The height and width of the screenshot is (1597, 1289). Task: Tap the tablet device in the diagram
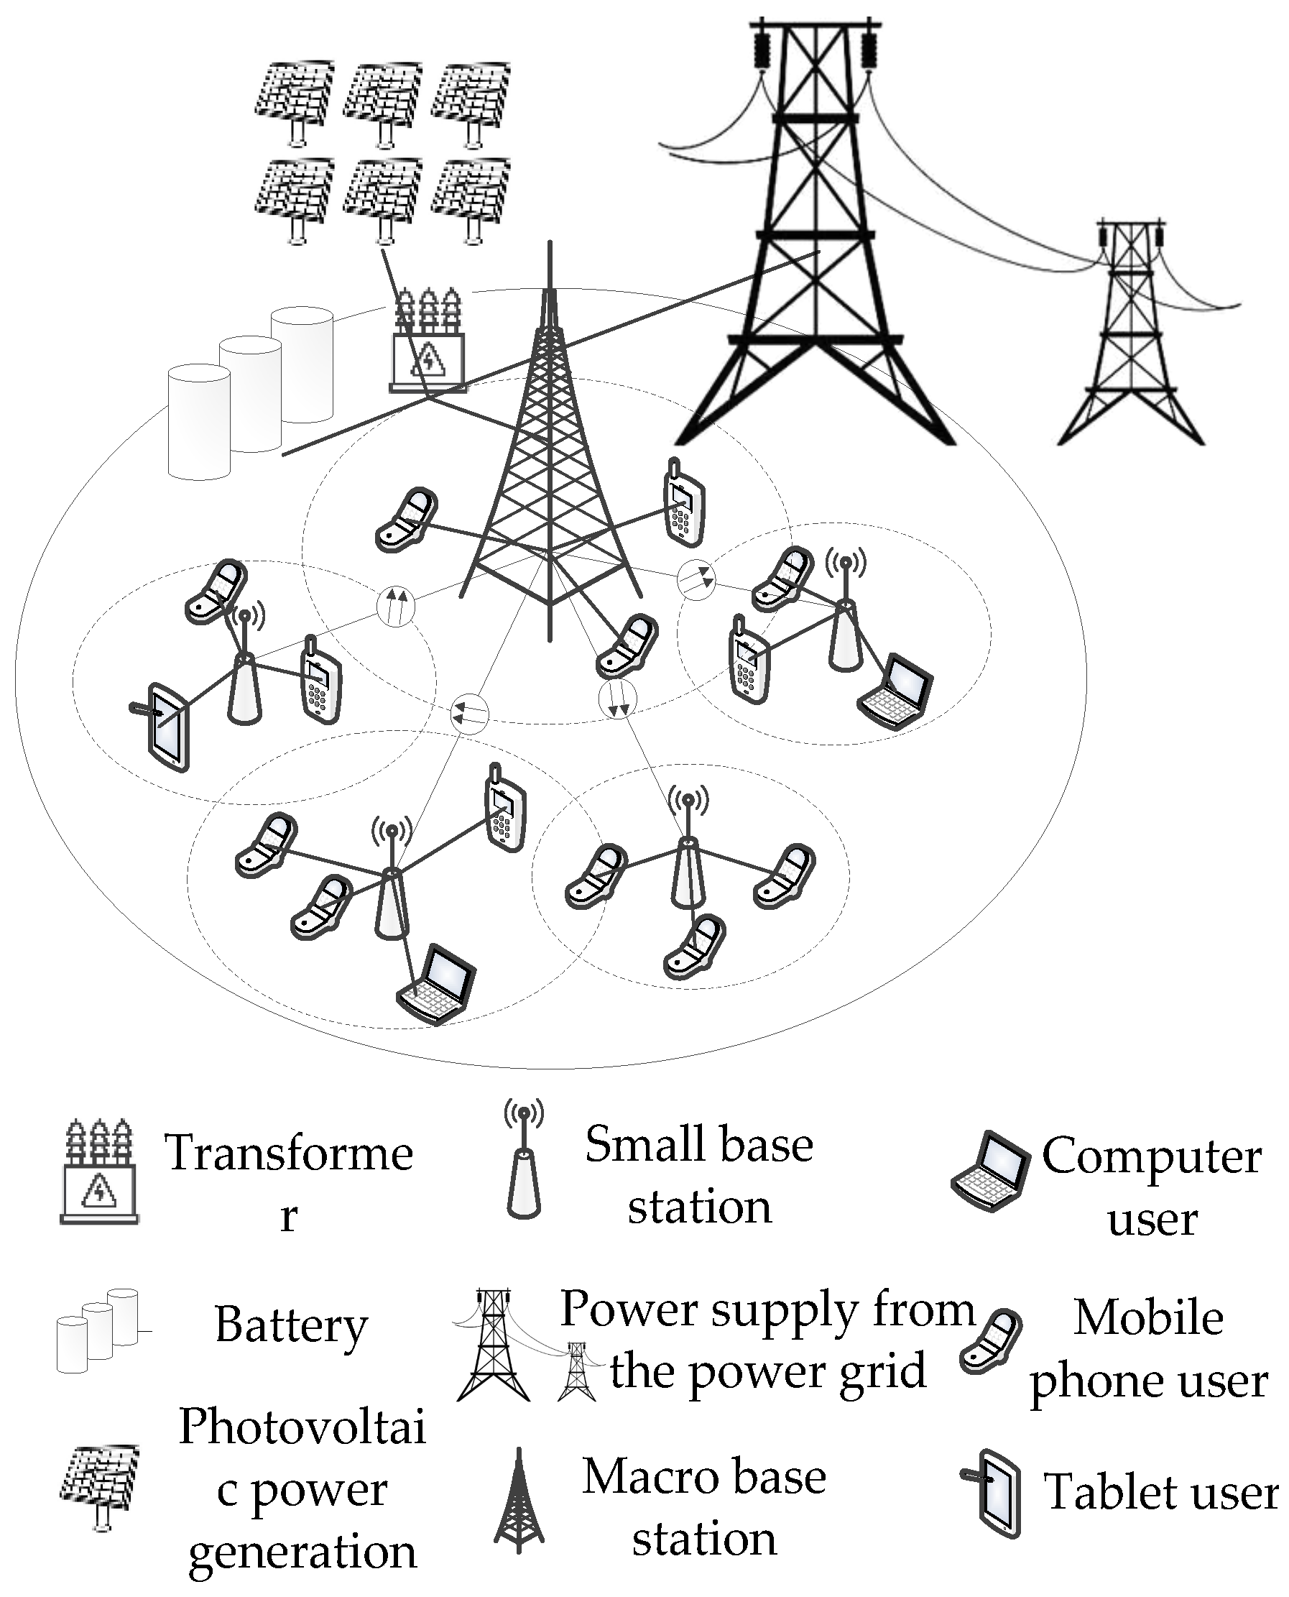click(170, 727)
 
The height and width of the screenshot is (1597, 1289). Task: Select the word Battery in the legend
click(291, 1326)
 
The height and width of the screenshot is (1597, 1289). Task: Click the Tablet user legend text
click(1160, 1491)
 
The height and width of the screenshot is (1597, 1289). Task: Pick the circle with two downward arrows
click(618, 697)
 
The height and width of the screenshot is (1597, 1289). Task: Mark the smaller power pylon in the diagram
click(1130, 334)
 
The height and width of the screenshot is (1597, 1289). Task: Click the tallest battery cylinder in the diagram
click(302, 364)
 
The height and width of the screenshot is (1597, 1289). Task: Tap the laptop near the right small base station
click(895, 691)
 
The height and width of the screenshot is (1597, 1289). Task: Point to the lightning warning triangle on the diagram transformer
click(428, 359)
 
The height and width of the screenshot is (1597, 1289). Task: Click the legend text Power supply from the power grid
click(767, 1340)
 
